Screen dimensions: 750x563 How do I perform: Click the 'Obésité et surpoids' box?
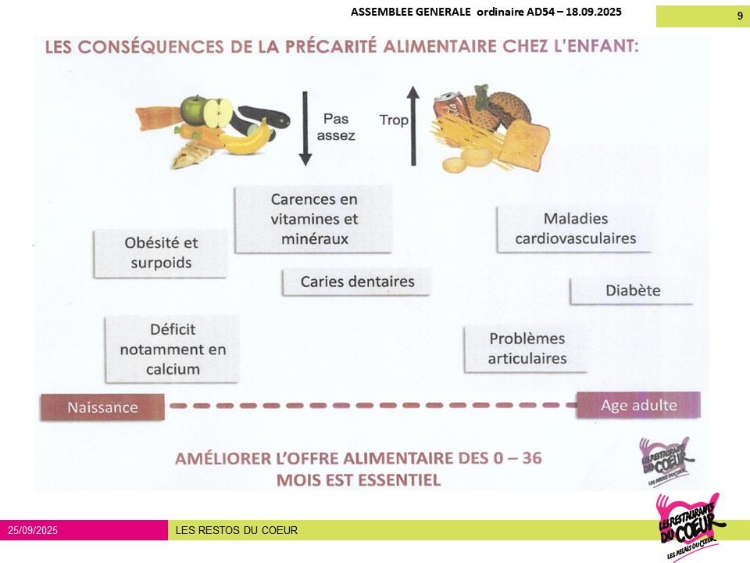pos(160,253)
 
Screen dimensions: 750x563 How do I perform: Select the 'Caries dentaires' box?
pos(356,282)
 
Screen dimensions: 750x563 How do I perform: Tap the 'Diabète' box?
pos(632,291)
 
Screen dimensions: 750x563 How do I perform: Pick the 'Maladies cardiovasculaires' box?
pos(574,229)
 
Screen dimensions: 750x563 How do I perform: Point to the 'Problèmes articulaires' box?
pos(526,349)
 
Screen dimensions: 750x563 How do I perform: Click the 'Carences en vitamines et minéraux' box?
pos(313,219)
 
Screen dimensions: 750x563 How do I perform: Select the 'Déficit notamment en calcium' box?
pos(172,349)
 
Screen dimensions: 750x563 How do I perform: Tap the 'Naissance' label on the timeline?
pos(102,407)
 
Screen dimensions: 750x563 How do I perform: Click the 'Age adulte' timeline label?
pos(638,405)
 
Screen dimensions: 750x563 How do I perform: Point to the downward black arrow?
pos(305,128)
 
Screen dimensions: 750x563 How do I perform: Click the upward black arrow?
pos(413,126)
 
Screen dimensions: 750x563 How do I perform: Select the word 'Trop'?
pos(394,120)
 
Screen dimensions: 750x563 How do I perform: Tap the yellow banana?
pos(245,139)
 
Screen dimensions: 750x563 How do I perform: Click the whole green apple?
pos(195,110)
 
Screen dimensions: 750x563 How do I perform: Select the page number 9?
pos(740,16)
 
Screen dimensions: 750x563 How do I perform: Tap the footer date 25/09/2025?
pos(33,530)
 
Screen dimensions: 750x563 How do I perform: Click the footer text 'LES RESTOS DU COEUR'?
pos(236,530)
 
